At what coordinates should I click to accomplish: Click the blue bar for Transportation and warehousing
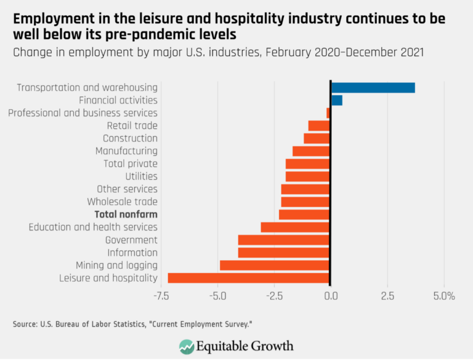pos(373,88)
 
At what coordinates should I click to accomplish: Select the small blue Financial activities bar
pos(336,100)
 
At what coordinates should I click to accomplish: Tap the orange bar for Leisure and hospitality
pos(249,278)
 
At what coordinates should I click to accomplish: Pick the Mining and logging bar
pos(275,265)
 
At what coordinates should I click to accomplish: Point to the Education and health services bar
pos(296,227)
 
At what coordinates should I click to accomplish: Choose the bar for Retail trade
pos(319,126)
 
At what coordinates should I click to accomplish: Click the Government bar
pos(284,240)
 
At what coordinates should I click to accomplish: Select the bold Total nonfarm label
pos(126,215)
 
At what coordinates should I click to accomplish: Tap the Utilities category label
pos(141,176)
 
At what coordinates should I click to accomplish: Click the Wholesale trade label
pos(122,202)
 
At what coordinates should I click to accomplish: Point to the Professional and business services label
pos(83,113)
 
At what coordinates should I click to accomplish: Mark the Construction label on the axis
pos(130,138)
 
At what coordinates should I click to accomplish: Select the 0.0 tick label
pos(331,296)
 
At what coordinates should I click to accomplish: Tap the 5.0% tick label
pos(443,296)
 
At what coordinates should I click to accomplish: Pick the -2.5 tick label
pos(274,296)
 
